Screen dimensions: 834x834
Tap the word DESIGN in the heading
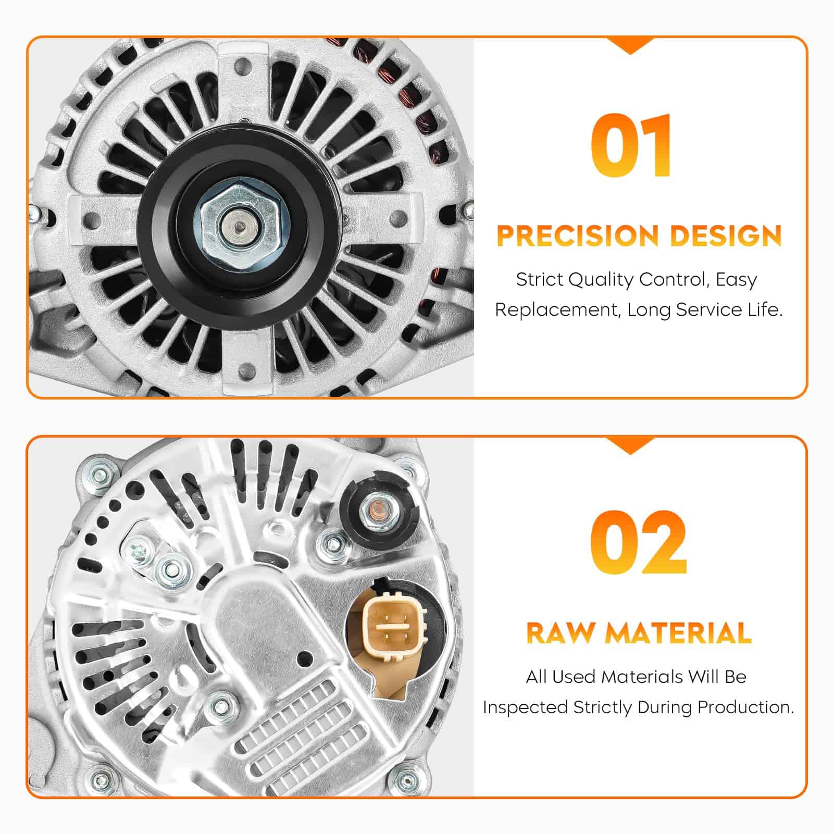click(x=726, y=235)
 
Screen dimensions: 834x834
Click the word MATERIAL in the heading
click(x=678, y=633)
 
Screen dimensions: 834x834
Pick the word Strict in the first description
click(x=539, y=280)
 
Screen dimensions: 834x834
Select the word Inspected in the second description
click(x=525, y=707)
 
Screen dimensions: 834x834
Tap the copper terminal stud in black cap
click(x=378, y=506)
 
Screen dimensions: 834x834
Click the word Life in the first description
click(x=767, y=310)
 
